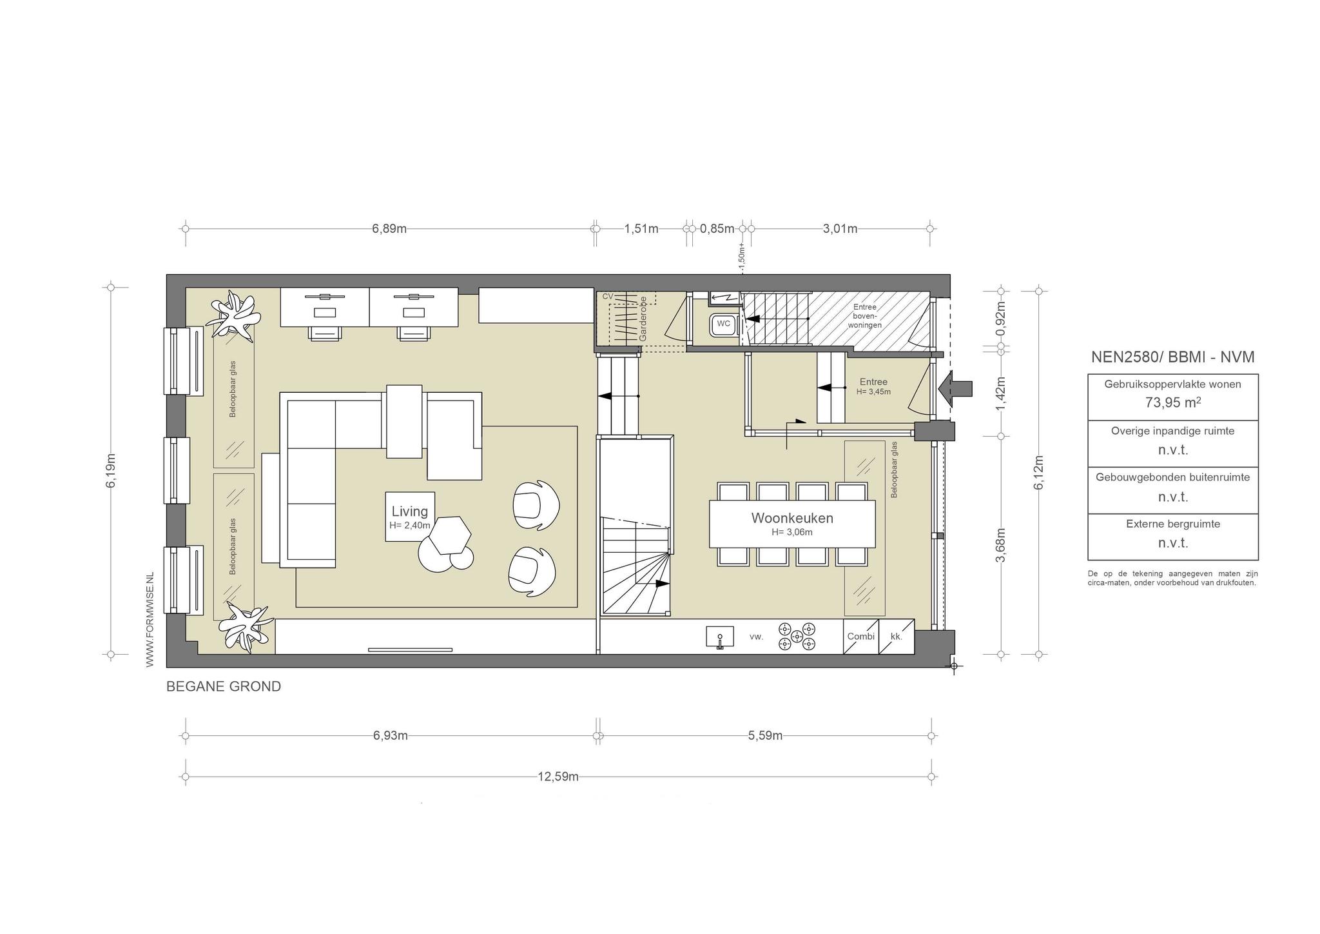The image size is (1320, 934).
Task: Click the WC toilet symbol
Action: tap(723, 324)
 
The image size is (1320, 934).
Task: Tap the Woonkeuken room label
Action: tap(792, 518)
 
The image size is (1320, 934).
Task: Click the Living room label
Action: tap(410, 512)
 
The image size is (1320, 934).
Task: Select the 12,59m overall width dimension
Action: tap(558, 777)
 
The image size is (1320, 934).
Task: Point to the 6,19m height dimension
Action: tap(112, 471)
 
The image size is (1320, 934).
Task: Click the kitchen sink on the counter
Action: tap(720, 637)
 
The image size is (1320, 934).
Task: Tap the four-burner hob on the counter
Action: tap(797, 637)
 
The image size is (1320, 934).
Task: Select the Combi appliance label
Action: tap(861, 637)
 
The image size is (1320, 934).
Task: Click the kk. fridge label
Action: tap(897, 637)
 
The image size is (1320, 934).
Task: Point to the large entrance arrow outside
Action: tap(955, 390)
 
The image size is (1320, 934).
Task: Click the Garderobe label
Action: tap(643, 319)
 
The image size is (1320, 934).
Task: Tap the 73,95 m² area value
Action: tap(1173, 402)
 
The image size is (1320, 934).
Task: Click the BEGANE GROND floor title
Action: tap(224, 686)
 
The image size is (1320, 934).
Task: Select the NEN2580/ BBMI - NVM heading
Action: tap(1173, 357)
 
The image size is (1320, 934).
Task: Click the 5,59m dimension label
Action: tap(765, 736)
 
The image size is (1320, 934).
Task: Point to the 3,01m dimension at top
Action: tap(840, 229)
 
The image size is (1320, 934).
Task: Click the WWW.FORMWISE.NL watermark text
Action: tap(150, 619)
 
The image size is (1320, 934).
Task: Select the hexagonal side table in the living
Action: tap(451, 535)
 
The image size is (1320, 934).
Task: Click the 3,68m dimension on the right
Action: tap(1001, 545)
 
